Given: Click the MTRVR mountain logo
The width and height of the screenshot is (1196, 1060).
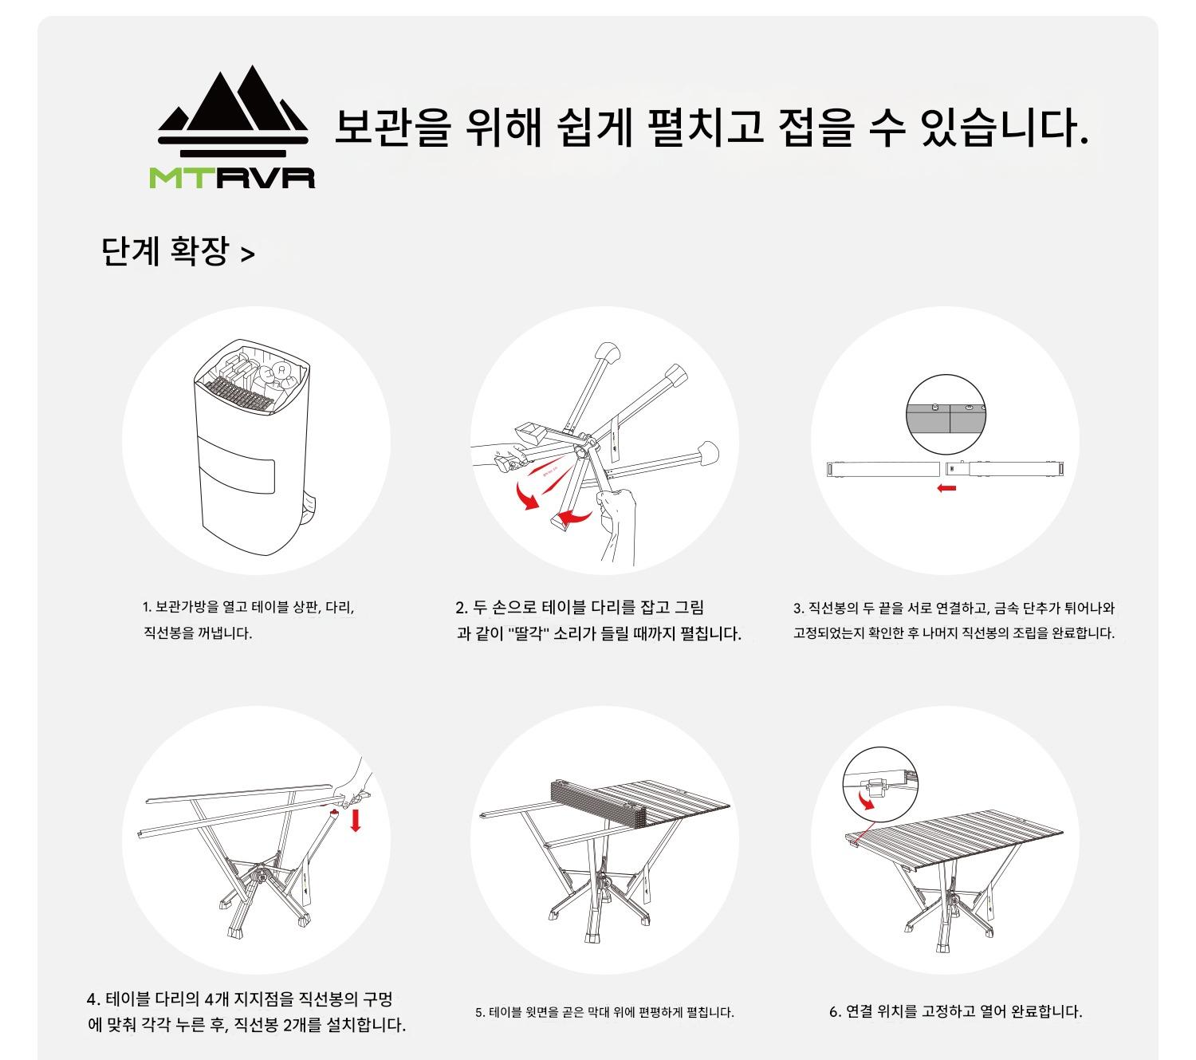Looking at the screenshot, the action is tap(233, 126).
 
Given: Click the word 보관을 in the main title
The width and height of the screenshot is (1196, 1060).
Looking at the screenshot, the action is tap(393, 128).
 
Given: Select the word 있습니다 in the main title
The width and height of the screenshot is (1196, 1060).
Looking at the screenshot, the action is tap(1004, 128).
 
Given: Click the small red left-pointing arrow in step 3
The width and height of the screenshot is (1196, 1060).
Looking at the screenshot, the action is tap(946, 488).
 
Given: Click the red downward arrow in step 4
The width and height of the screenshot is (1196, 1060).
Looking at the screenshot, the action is tap(356, 820).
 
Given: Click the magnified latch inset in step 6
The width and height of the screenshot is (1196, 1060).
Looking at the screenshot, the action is tap(879, 783).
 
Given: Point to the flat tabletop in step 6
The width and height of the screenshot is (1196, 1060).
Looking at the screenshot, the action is tap(954, 841).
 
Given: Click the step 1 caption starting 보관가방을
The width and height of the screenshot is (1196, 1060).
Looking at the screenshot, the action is tap(249, 620).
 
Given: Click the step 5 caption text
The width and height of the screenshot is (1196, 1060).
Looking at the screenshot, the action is tap(604, 1012).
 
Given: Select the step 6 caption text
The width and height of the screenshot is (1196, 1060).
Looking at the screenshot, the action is tap(956, 1011).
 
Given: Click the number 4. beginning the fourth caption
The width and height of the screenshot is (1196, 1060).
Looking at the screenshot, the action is tap(93, 999).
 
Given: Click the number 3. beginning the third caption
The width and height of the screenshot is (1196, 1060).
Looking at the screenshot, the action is tap(799, 609).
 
